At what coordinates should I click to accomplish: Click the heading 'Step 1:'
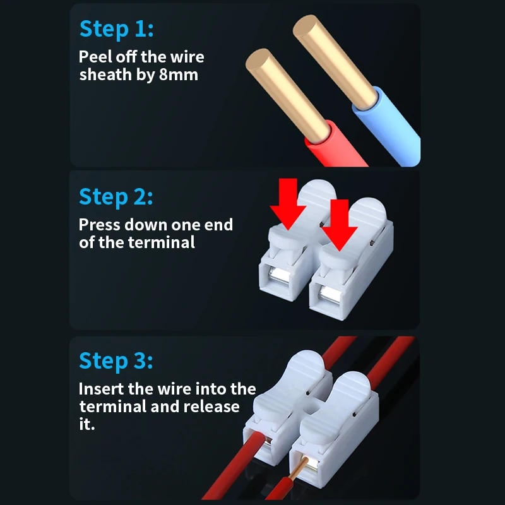click(x=116, y=29)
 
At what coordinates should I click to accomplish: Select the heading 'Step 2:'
click(x=116, y=196)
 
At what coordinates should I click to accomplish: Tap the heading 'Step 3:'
click(x=116, y=361)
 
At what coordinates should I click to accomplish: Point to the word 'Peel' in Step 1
click(x=95, y=57)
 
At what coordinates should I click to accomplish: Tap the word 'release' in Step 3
click(x=212, y=406)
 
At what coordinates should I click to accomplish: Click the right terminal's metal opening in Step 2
click(x=329, y=294)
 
